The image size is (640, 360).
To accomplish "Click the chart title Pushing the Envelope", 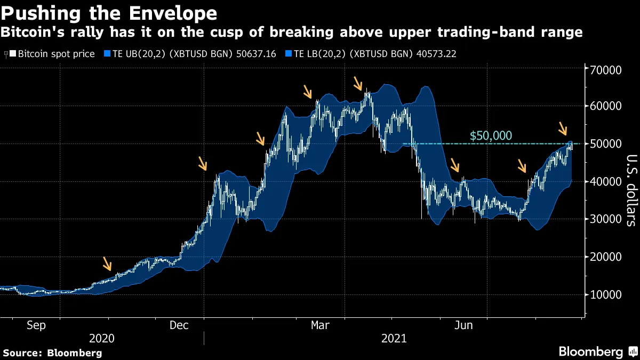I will point(109,13).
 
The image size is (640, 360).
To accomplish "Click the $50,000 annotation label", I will point(490,136).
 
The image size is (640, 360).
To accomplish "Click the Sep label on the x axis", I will point(36,325).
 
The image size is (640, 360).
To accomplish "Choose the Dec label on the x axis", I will point(180,325).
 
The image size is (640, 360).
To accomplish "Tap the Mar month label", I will point(321,325).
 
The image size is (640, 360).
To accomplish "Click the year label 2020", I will point(102,339).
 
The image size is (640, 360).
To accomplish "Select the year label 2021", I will point(394,339).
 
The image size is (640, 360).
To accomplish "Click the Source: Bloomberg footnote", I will point(52,353).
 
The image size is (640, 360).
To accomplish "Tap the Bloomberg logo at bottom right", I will point(597,351).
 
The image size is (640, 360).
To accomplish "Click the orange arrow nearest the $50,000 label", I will point(563,129).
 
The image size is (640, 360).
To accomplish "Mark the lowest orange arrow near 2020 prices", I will point(108,263).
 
